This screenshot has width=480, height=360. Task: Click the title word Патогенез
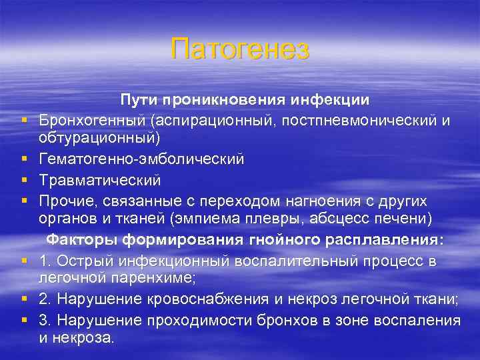pos(240,50)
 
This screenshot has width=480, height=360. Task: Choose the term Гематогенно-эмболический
pos(141,160)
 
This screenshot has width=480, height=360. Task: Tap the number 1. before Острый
pos(45,261)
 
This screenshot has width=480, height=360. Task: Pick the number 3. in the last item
pos(45,321)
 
